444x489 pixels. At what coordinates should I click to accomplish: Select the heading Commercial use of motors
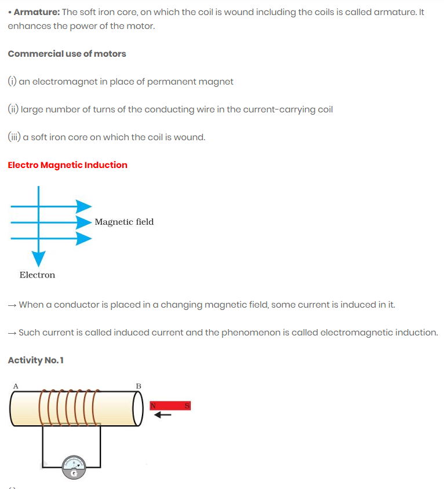(67, 54)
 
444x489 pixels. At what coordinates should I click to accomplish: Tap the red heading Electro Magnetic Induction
(67, 165)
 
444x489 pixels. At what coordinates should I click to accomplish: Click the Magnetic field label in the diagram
(124, 222)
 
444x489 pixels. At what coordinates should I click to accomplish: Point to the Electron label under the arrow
(37, 275)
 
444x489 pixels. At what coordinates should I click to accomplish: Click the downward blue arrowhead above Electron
(38, 259)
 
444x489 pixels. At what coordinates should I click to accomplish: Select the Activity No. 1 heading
(36, 360)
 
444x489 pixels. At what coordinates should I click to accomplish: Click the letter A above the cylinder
(16, 385)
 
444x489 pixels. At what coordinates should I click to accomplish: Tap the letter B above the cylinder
(139, 386)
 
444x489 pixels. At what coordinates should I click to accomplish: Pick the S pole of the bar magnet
(187, 406)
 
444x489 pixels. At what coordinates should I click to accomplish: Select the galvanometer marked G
(74, 466)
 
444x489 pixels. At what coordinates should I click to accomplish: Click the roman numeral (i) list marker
(12, 82)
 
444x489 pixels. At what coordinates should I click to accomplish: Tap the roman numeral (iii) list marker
(14, 137)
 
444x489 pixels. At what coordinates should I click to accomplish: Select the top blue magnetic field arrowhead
(83, 206)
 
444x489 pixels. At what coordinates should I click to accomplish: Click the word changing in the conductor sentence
(179, 305)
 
